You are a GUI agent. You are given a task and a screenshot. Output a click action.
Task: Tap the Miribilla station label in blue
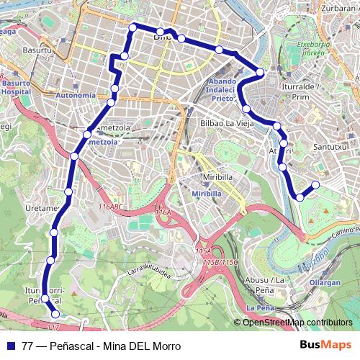point(206,193)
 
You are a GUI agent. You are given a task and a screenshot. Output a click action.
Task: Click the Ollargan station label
point(325,283)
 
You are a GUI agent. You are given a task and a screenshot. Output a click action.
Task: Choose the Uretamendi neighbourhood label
point(40,209)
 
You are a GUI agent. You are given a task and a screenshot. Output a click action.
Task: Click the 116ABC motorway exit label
point(112,207)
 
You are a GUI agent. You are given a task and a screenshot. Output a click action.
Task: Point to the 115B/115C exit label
point(220,262)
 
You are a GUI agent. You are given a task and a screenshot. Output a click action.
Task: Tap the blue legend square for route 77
point(9,346)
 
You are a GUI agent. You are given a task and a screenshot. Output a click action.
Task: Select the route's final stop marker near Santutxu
point(315,184)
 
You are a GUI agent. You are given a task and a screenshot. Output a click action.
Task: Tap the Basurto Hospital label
point(15,87)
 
